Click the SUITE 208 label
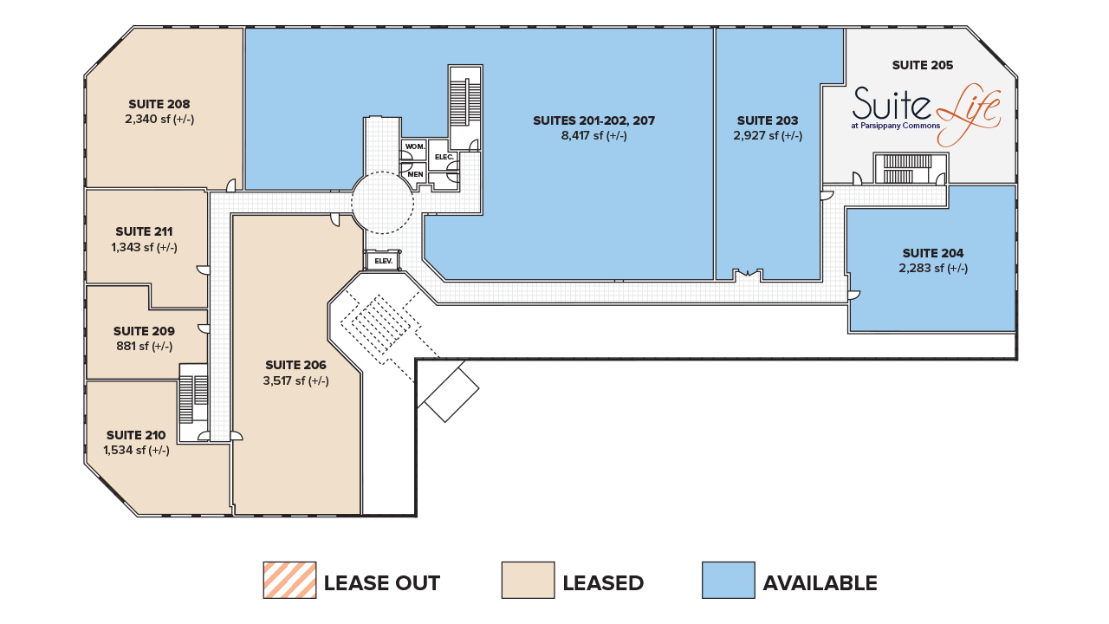pyautogui.click(x=159, y=104)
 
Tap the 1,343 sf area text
pyautogui.click(x=144, y=248)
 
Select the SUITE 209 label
pyautogui.click(x=144, y=331)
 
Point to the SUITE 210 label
pyautogui.click(x=136, y=435)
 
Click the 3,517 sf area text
pyautogui.click(x=295, y=380)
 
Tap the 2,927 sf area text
pyautogui.click(x=768, y=136)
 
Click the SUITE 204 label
pyautogui.click(x=932, y=253)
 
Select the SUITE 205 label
pyautogui.click(x=923, y=65)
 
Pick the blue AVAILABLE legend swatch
pyautogui.click(x=728, y=580)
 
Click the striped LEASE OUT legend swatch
pyautogui.click(x=289, y=580)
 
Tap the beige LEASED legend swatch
pyautogui.click(x=528, y=580)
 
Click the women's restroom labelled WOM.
pyautogui.click(x=413, y=146)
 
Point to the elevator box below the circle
pyautogui.click(x=382, y=260)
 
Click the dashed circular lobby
pyautogui.click(x=382, y=202)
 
